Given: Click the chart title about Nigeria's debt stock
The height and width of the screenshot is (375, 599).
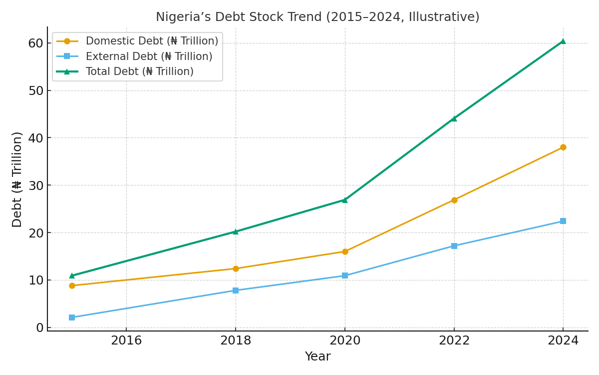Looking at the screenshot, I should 317,17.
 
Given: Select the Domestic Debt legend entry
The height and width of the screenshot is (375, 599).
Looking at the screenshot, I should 152,41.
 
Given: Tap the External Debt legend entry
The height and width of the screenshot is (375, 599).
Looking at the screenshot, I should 149,56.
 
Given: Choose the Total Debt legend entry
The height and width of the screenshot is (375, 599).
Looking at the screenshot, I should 139,71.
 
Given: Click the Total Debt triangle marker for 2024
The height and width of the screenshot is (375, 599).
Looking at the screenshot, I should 563,41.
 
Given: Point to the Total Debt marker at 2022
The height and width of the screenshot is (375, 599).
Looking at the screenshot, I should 454,118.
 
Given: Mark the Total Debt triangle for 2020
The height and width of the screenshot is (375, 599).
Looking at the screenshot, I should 344,199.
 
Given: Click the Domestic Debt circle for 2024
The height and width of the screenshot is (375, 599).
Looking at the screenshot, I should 563,147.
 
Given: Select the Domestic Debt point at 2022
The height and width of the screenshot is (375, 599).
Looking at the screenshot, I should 454,200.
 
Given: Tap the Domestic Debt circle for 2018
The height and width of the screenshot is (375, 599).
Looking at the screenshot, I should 236,268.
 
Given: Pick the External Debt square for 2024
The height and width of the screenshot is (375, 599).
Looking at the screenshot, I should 563,221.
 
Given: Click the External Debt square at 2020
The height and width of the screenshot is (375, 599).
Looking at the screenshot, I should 344,275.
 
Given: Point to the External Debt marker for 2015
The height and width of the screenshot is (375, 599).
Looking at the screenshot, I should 72,317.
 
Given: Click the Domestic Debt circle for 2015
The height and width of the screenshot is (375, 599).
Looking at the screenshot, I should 72,285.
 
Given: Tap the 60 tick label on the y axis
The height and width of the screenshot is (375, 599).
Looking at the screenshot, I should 35,43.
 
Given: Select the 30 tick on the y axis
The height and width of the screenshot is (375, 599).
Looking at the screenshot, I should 35,185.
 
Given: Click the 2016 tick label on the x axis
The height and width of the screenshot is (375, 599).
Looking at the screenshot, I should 126,341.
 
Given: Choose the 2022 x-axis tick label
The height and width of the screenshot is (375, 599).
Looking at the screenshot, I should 454,341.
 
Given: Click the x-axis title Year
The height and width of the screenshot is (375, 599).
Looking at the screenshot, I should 317,356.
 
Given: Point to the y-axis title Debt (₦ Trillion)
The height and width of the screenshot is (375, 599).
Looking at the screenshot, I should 17,179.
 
